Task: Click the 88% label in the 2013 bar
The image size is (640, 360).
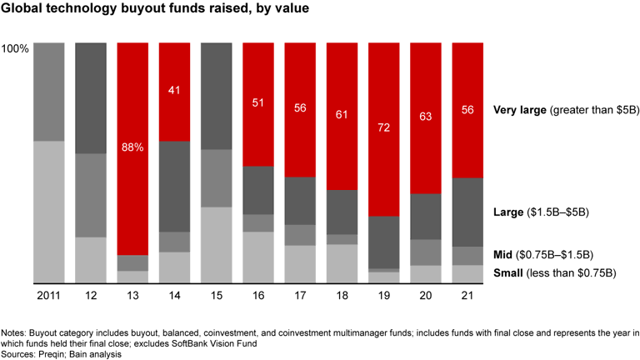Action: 132,147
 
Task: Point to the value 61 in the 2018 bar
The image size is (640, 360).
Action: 342,113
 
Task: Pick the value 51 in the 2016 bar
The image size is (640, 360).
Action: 258,103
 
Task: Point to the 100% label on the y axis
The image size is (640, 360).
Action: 16,49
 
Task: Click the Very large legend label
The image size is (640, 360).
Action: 522,109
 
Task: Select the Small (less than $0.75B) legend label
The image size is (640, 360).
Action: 554,272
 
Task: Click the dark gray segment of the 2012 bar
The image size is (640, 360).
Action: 91,97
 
